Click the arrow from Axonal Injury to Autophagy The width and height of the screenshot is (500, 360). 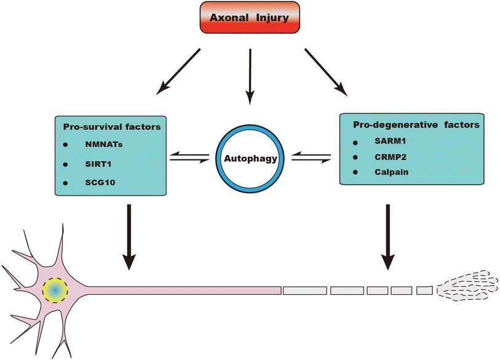(x=250, y=74)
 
